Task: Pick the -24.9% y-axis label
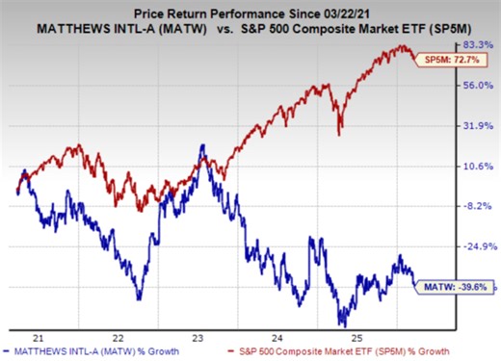tap(477, 246)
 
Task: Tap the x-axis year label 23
tap(197, 338)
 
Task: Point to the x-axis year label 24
tap(277, 338)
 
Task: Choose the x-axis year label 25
tap(356, 338)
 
